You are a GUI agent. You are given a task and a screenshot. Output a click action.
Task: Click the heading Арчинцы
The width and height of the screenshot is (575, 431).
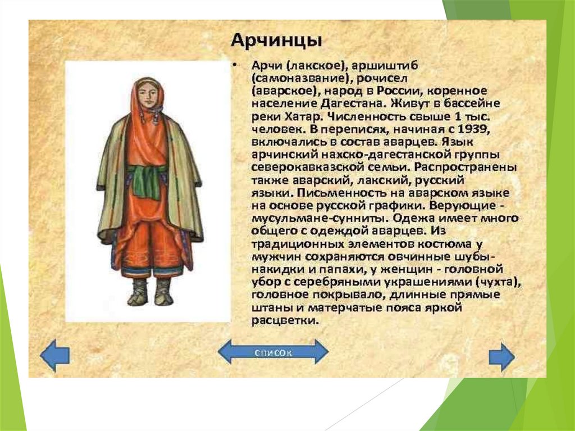pos(276,40)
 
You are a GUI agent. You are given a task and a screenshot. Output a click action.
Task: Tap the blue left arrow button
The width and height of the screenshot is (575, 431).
pos(54,355)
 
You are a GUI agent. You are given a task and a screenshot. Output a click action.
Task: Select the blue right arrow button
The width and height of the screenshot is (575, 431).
pos(501,357)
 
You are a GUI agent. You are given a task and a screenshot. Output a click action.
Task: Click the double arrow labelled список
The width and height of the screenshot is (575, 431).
pos(273,352)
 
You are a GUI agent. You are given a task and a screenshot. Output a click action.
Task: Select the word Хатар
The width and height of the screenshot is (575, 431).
pos(304,117)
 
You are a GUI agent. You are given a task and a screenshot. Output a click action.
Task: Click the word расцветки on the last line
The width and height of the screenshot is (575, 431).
pos(285,320)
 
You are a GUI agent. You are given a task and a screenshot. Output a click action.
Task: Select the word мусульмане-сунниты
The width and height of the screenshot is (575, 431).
pos(320,219)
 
